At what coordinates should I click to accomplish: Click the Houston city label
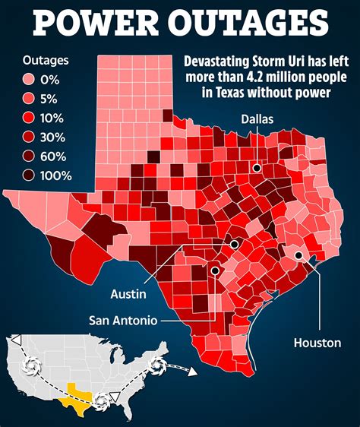(x=317, y=343)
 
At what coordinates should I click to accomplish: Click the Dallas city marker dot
(x=258, y=168)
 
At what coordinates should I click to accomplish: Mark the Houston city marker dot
(x=299, y=256)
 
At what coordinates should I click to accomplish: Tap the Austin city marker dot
(x=235, y=245)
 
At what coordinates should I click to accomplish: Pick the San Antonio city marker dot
(x=215, y=270)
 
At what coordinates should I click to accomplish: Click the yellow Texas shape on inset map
(x=79, y=394)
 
